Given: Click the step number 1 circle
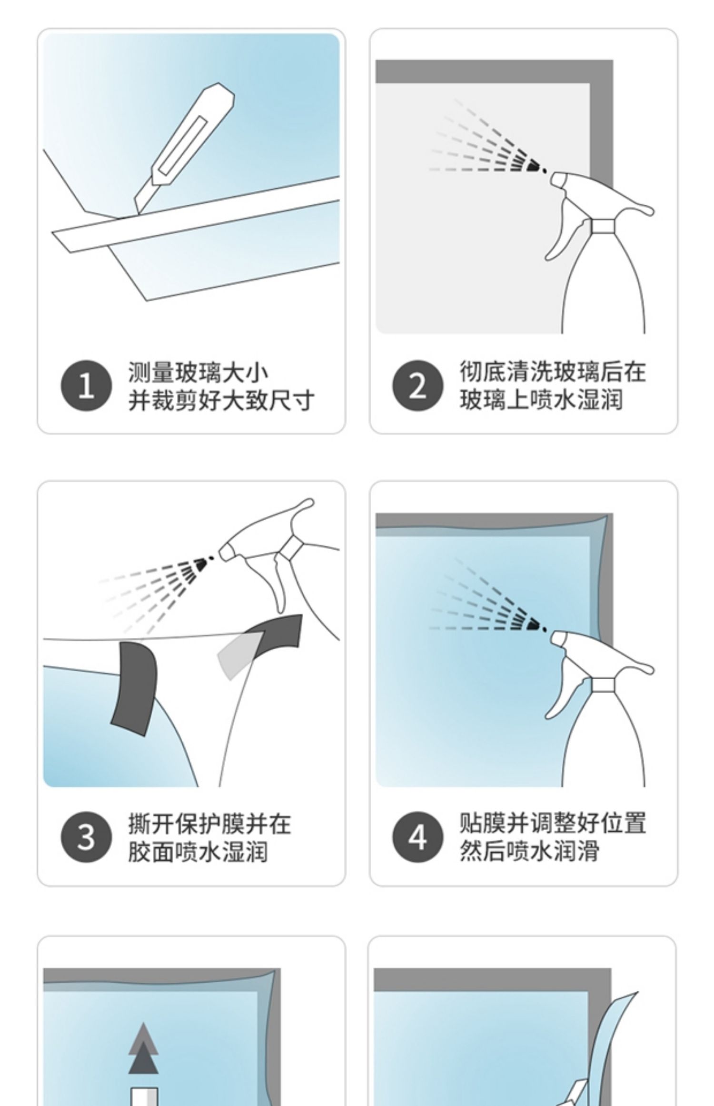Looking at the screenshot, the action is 86,385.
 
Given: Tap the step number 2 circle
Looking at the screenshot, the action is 418,385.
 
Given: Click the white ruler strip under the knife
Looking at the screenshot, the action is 195,214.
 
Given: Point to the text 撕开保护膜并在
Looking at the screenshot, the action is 209,824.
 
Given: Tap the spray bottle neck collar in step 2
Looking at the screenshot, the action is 603,226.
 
